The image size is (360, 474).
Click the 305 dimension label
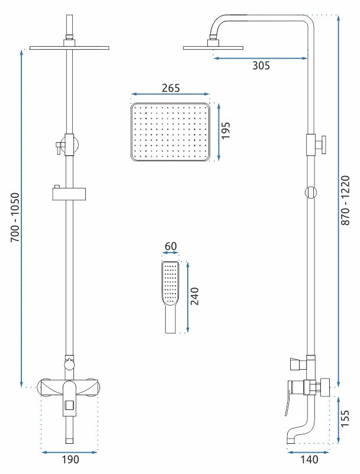point(261,65)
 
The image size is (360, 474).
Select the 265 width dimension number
point(171,88)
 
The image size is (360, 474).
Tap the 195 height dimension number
point(226,130)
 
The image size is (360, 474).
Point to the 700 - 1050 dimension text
point(15,217)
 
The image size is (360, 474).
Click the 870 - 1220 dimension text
point(345,200)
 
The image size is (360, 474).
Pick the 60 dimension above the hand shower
point(171,246)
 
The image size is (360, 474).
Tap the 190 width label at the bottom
point(70,460)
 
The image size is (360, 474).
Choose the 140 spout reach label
point(309,460)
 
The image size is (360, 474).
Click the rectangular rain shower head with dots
point(171,132)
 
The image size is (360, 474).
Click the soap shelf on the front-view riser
point(69,194)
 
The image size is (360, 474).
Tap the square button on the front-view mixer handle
point(69,405)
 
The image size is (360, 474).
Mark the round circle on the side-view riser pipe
point(311,192)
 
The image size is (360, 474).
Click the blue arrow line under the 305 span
point(261,58)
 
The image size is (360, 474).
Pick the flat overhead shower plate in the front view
point(69,48)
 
